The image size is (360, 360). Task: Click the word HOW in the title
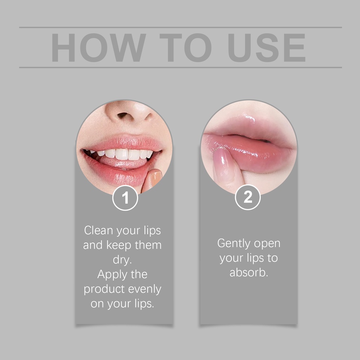pos(98,47)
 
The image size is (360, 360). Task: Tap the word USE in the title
pos(266,47)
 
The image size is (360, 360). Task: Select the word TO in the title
pos(186,47)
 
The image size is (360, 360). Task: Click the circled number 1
pos(125,198)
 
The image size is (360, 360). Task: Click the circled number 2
pos(248,197)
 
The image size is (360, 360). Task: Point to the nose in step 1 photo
pos(129,112)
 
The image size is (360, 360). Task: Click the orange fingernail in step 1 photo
pos(155,177)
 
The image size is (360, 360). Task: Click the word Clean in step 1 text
pos(98,230)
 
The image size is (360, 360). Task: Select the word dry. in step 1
pos(122,260)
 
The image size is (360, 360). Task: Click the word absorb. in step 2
pos(249,272)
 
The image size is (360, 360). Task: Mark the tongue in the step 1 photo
pos(122,163)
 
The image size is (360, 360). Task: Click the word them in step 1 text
pos(148,245)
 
